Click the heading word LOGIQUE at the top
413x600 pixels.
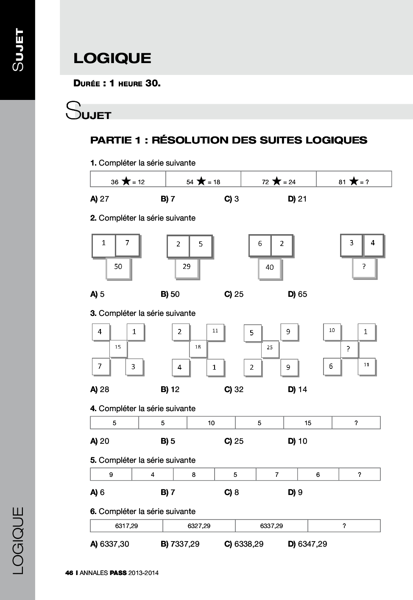click(x=112, y=58)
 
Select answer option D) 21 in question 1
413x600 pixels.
click(x=297, y=199)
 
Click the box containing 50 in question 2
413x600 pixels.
click(x=118, y=268)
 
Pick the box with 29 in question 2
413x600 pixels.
click(x=187, y=267)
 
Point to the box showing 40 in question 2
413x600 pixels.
click(x=270, y=268)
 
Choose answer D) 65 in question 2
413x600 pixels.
click(x=297, y=294)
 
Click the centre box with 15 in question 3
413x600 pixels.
click(x=118, y=348)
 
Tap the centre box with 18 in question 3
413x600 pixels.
click(x=198, y=348)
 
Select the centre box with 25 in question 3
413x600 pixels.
click(x=270, y=348)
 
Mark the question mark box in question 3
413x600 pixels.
click(x=349, y=349)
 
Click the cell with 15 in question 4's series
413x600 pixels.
click(x=308, y=423)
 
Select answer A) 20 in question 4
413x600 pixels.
click(x=100, y=441)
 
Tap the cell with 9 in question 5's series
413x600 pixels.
click(x=111, y=475)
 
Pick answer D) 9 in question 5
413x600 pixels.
click(x=295, y=492)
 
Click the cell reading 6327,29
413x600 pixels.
click(x=199, y=526)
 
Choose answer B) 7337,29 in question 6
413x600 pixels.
click(x=180, y=544)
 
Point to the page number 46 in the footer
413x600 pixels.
click(x=69, y=573)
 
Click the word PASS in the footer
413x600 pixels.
click(x=118, y=573)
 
